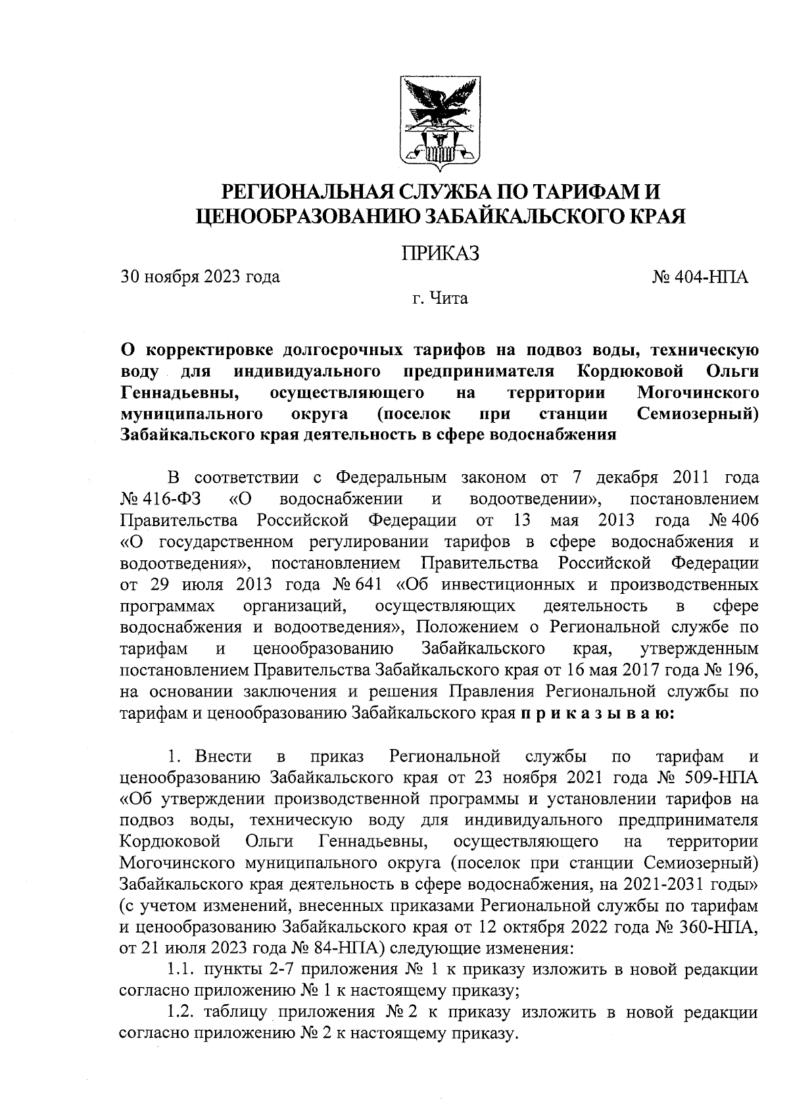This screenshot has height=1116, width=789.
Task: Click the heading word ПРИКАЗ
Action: (440, 253)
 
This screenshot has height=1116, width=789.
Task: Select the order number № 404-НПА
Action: (700, 276)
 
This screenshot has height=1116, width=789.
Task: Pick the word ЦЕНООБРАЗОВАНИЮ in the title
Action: (308, 217)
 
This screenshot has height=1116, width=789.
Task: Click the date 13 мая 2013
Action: (573, 521)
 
